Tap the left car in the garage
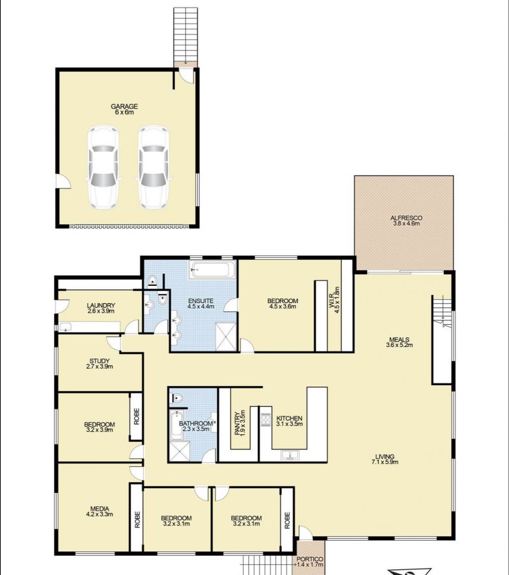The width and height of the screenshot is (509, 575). pyautogui.click(x=103, y=167)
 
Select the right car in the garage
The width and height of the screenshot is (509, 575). pyautogui.click(x=153, y=167)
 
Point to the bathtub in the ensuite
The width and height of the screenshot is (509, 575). pyautogui.click(x=212, y=270)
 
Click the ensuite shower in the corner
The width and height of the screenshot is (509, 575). pyautogui.click(x=226, y=336)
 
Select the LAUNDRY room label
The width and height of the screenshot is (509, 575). pyautogui.click(x=101, y=306)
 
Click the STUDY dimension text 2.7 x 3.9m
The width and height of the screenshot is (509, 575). pyautogui.click(x=100, y=366)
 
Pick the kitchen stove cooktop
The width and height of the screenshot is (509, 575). pyautogui.click(x=265, y=419)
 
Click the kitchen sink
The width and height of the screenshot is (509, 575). pyautogui.click(x=290, y=455)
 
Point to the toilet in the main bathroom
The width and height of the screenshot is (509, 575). pyautogui.click(x=177, y=398)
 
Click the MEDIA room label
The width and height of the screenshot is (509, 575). pyautogui.click(x=100, y=509)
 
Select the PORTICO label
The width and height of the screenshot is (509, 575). pyautogui.click(x=310, y=559)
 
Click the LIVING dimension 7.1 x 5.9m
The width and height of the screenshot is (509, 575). pyautogui.click(x=385, y=462)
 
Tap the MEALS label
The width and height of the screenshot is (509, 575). pyautogui.click(x=400, y=339)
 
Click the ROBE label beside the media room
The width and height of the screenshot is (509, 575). pyautogui.click(x=137, y=520)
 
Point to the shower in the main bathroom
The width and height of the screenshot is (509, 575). pyautogui.click(x=179, y=451)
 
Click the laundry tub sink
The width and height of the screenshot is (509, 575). pyautogui.click(x=66, y=327)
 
